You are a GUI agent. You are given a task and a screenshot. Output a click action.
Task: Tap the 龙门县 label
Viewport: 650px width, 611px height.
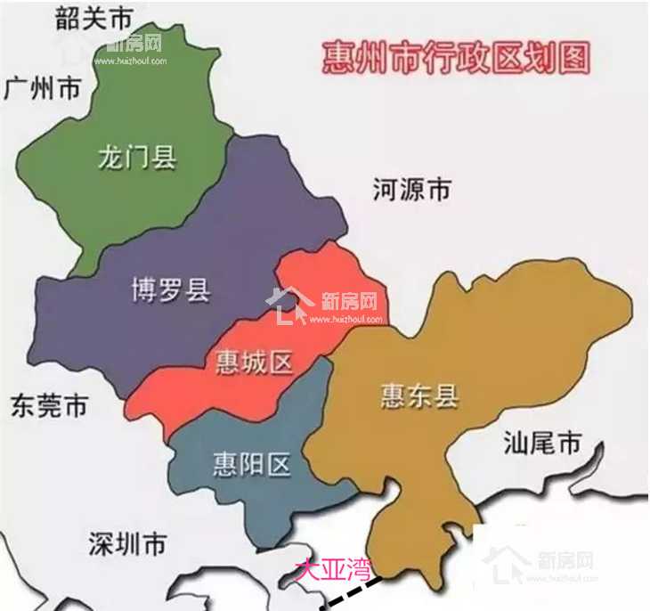pos(137,159)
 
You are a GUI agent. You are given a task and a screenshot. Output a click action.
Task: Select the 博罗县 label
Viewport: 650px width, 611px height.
pos(171,289)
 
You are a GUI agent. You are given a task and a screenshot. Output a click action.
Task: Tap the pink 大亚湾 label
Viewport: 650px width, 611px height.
pos(332,567)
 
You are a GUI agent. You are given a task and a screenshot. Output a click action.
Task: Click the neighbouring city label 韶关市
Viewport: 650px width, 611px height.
pos(93,19)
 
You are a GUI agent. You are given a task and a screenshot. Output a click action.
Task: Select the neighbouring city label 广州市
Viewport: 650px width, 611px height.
pos(43,89)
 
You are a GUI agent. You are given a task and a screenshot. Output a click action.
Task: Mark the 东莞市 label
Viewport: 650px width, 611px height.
pos(49,406)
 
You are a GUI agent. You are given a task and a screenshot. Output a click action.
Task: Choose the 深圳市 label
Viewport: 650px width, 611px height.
pos(127,541)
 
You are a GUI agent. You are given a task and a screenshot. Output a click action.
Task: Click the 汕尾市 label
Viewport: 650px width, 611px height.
pos(541,443)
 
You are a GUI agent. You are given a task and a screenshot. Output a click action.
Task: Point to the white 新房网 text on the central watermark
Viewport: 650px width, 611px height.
pos(348,300)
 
